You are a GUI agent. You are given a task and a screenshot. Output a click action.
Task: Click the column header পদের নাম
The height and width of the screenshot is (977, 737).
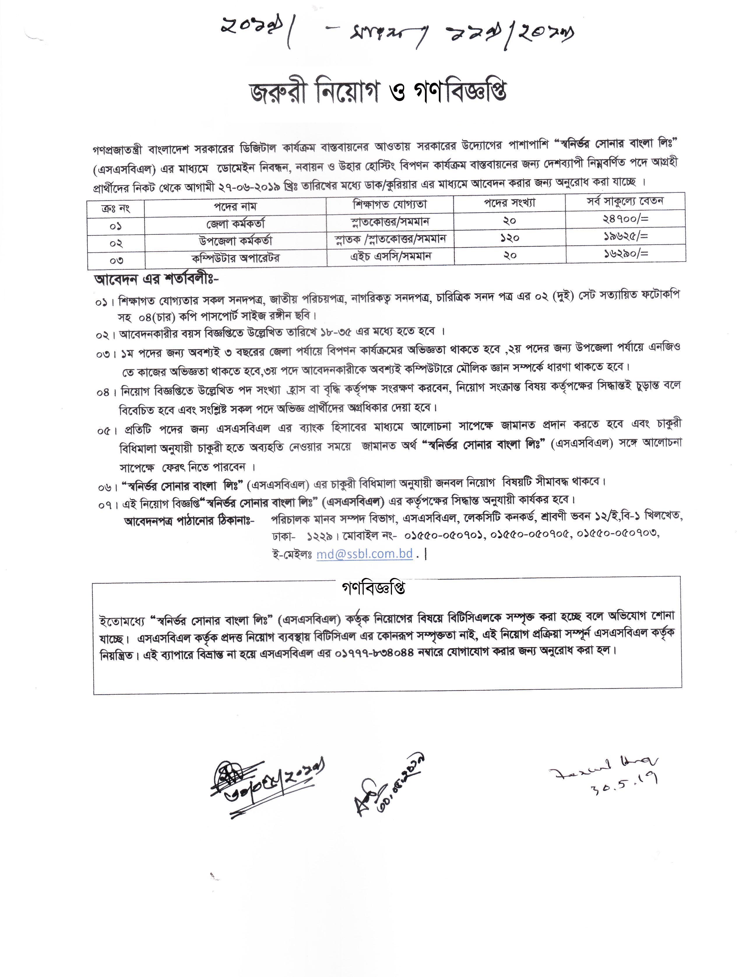coord(235,206)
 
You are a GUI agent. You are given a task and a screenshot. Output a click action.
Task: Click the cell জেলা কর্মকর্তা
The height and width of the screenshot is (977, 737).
coord(235,223)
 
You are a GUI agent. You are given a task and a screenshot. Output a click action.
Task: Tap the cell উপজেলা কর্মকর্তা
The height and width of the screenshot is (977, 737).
coord(235,241)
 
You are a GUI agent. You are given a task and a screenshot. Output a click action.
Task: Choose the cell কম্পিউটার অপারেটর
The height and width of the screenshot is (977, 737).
coord(235,258)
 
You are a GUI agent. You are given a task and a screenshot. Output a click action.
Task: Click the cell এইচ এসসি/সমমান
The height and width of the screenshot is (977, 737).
coord(391,256)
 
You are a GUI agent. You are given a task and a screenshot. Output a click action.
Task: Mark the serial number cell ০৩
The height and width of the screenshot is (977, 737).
coord(116,260)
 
